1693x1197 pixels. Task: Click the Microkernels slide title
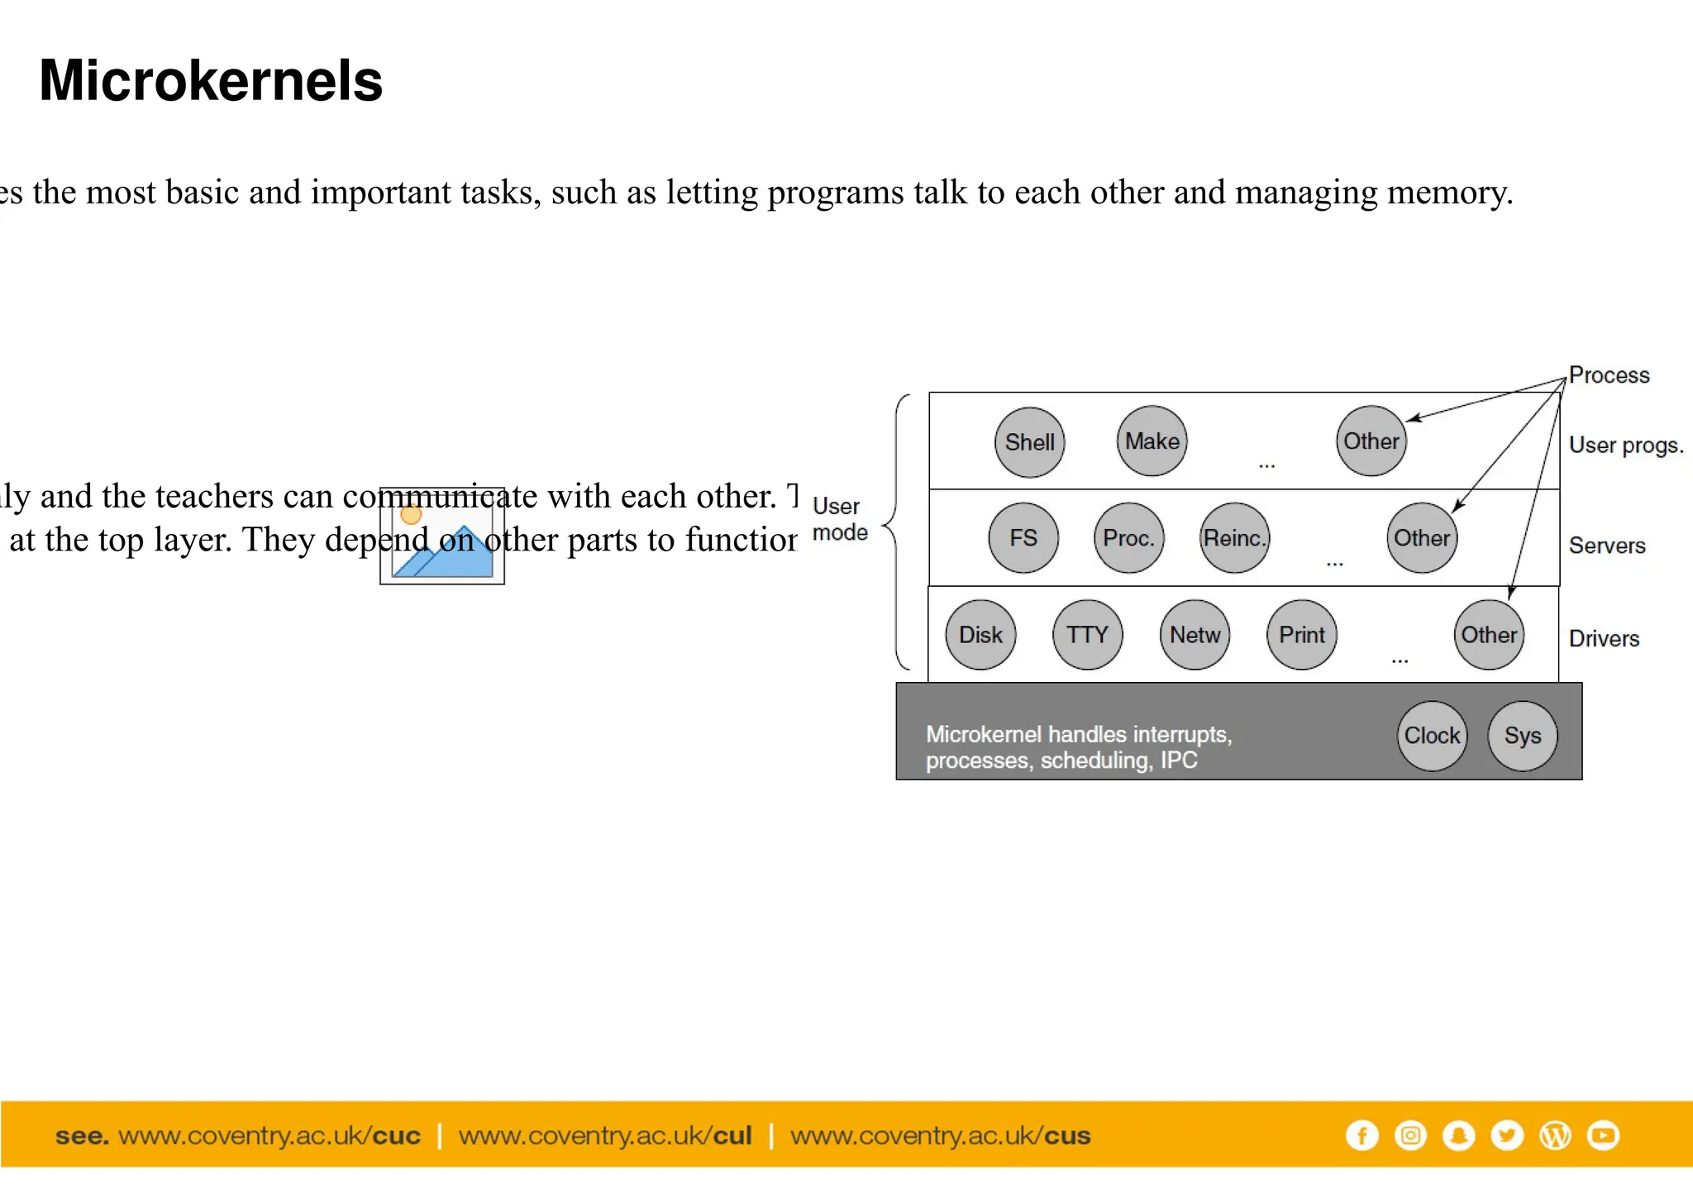pos(211,81)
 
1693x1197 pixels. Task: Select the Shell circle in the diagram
pos(1029,442)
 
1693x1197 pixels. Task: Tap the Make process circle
pos(1152,441)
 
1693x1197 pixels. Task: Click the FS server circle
pos(1023,538)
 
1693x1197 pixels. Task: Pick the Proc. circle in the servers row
pos(1128,538)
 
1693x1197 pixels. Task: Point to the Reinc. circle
pos(1234,538)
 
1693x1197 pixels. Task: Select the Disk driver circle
pos(980,635)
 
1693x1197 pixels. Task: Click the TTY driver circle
pos(1087,635)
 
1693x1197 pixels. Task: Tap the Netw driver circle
pos(1195,635)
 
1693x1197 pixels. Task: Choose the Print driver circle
pos(1301,635)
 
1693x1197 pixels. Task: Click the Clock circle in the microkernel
pos(1432,736)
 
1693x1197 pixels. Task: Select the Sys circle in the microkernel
pos(1522,736)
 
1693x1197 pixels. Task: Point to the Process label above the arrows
pos(1609,375)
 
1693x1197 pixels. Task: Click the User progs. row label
pos(1625,446)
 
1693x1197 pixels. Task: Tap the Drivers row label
pos(1604,639)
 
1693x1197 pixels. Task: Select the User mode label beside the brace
pos(839,519)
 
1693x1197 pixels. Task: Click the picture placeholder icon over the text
pos(442,536)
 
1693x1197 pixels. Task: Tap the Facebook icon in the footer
pos(1362,1135)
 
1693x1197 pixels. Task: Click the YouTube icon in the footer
pos(1603,1135)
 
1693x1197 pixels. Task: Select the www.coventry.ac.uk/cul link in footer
pos(605,1136)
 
